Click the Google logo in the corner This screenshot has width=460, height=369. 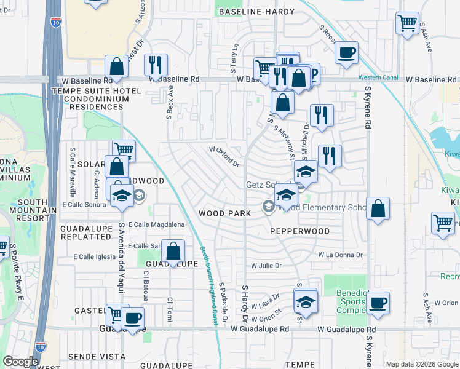pos(20,362)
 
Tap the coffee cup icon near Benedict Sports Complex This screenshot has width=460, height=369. pos(378,303)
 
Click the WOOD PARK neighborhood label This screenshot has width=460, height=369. pos(224,213)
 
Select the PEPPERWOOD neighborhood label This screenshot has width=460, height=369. pos(300,231)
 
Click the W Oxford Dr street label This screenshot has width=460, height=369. pos(224,156)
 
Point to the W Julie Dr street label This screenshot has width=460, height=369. pos(266,266)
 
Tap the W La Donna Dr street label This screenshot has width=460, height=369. pos(341,254)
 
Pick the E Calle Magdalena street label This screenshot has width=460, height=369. pos(156,225)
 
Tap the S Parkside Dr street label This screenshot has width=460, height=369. pos(223,303)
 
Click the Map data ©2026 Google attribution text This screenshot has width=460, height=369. pos(421,364)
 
